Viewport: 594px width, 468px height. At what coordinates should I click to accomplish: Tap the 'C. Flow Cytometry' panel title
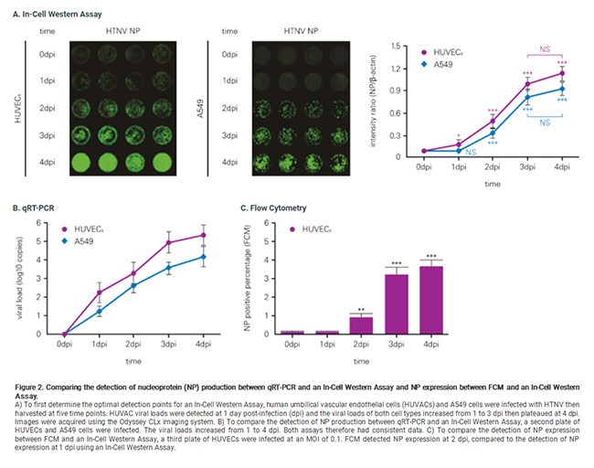[x=273, y=209]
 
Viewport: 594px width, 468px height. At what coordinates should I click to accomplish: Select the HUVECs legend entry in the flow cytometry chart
[x=314, y=229]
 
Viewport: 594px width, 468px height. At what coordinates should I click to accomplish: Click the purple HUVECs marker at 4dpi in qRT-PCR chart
[x=204, y=235]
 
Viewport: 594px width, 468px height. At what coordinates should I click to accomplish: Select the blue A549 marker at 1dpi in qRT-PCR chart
[x=100, y=312]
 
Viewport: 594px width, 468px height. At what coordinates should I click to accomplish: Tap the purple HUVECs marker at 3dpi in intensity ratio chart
[x=526, y=84]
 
